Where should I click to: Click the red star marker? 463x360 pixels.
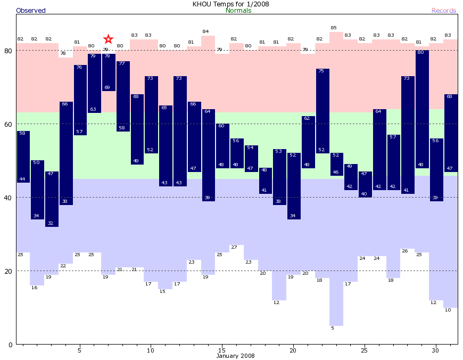[109, 39]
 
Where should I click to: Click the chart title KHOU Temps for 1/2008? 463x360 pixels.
[231, 4]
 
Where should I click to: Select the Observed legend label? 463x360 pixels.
[31, 11]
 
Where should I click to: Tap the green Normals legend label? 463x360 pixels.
[238, 11]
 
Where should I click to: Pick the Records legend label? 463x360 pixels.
[444, 11]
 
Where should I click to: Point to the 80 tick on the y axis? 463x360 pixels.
[8, 51]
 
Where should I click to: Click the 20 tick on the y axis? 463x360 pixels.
[8, 271]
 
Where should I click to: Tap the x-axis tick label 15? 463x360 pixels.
[222, 350]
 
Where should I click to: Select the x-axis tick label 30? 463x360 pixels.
[436, 350]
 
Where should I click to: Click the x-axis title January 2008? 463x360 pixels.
[235, 356]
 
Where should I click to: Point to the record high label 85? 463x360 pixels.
[334, 28]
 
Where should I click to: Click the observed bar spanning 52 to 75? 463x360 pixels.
[323, 111]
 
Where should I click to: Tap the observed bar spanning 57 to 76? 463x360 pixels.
[80, 100]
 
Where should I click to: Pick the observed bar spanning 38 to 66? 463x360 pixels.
[66, 153]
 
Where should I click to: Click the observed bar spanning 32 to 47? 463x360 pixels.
[52, 199]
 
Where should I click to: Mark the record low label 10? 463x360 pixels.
[448, 310]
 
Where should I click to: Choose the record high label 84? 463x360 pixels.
[205, 31]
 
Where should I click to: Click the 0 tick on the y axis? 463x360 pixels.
[10, 345]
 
